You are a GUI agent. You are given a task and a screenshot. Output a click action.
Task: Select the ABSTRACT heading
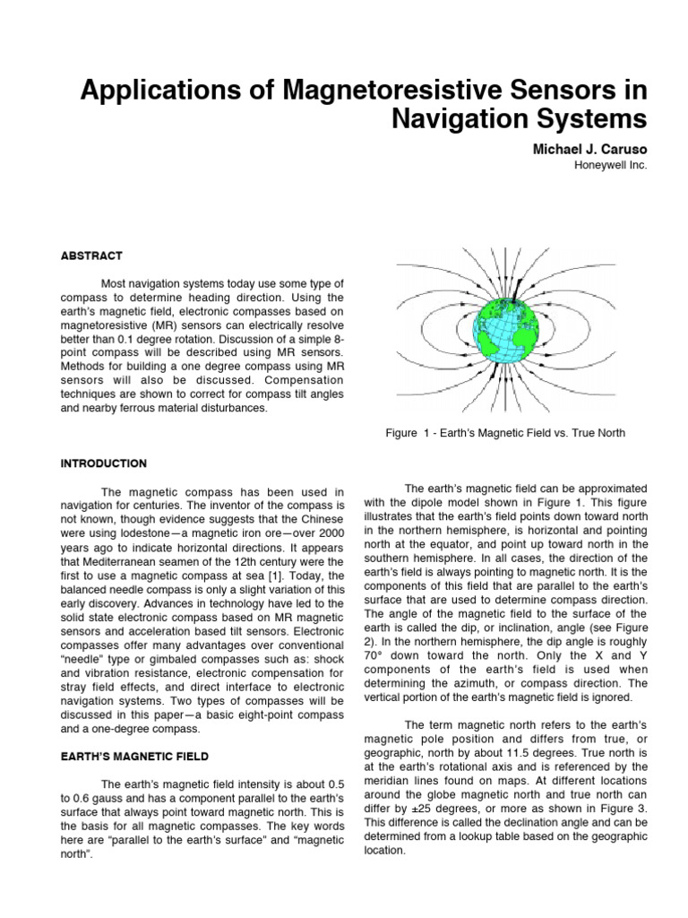pos(91,255)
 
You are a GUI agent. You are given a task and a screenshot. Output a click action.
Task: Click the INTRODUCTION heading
pos(103,463)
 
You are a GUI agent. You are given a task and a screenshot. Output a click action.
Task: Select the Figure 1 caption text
pos(504,433)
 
